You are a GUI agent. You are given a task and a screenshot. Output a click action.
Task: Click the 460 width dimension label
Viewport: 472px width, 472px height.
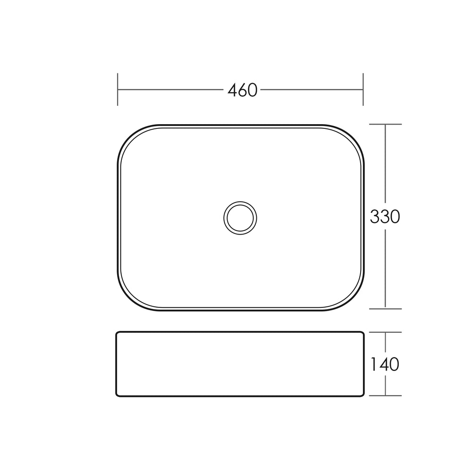pyautogui.click(x=242, y=90)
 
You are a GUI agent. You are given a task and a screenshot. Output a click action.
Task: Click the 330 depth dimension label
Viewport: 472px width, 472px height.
pyautogui.click(x=385, y=217)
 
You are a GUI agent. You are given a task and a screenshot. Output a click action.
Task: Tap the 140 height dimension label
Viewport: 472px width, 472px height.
pyautogui.click(x=385, y=364)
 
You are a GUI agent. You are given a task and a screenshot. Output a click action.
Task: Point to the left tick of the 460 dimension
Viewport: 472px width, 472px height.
pyautogui.click(x=118, y=89)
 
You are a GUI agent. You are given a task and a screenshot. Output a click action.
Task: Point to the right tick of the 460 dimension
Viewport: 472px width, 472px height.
pyautogui.click(x=363, y=89)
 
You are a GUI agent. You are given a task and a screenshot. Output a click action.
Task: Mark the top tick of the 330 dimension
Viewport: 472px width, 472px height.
pyautogui.click(x=385, y=124)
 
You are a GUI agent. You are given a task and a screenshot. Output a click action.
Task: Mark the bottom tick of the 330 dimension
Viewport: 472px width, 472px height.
pyautogui.click(x=385, y=309)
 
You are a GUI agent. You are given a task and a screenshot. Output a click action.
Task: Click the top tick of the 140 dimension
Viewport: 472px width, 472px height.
pyautogui.click(x=385, y=332)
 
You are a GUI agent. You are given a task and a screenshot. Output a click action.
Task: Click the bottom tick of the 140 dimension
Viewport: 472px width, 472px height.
pyautogui.click(x=385, y=396)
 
